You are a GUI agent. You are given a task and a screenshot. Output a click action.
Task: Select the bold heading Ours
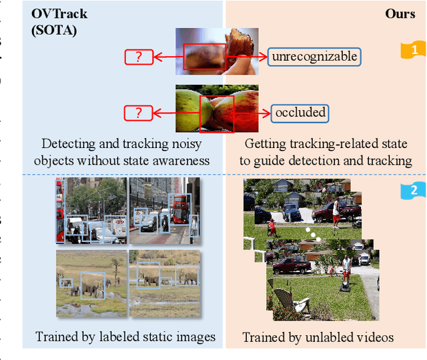(400, 13)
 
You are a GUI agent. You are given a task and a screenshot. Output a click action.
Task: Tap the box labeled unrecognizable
(314, 57)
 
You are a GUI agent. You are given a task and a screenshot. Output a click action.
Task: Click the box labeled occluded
(300, 113)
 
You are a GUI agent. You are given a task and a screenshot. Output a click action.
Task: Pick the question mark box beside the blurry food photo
(138, 57)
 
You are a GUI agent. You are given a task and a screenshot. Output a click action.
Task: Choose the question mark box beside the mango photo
(138, 113)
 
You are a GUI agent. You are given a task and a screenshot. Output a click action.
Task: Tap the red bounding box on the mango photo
(217, 112)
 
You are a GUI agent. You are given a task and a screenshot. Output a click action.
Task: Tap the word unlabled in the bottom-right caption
(326, 337)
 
